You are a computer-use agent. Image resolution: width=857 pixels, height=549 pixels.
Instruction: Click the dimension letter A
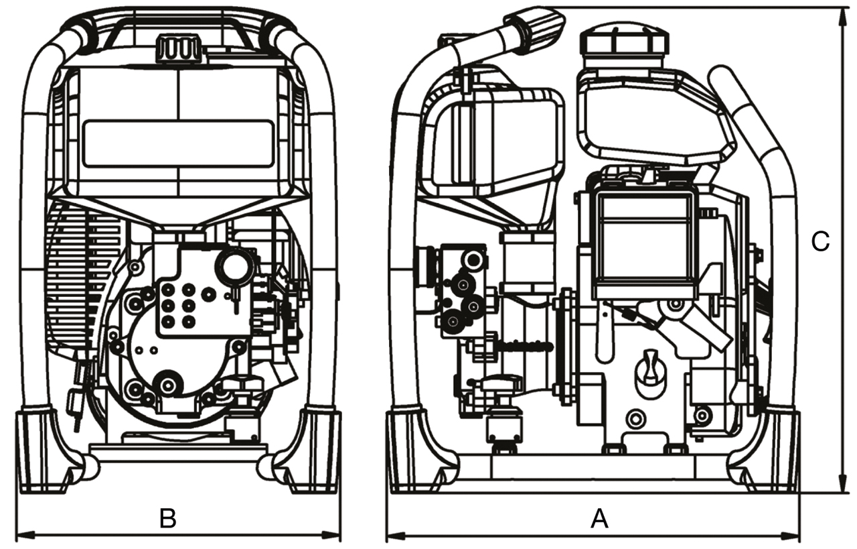pyautogui.click(x=599, y=518)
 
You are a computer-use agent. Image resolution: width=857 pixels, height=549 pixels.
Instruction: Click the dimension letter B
pyautogui.click(x=167, y=518)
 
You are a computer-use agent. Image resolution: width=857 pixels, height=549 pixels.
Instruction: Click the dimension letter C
pyautogui.click(x=820, y=242)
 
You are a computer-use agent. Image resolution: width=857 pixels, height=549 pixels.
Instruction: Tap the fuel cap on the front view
pyautogui.click(x=178, y=49)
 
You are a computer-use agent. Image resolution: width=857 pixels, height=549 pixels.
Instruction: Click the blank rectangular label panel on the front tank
pyautogui.click(x=178, y=143)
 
